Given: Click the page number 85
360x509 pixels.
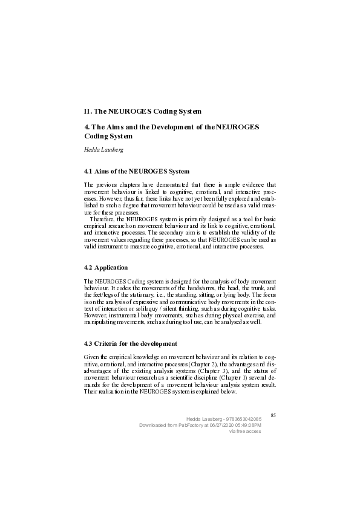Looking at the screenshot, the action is coord(273,415).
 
